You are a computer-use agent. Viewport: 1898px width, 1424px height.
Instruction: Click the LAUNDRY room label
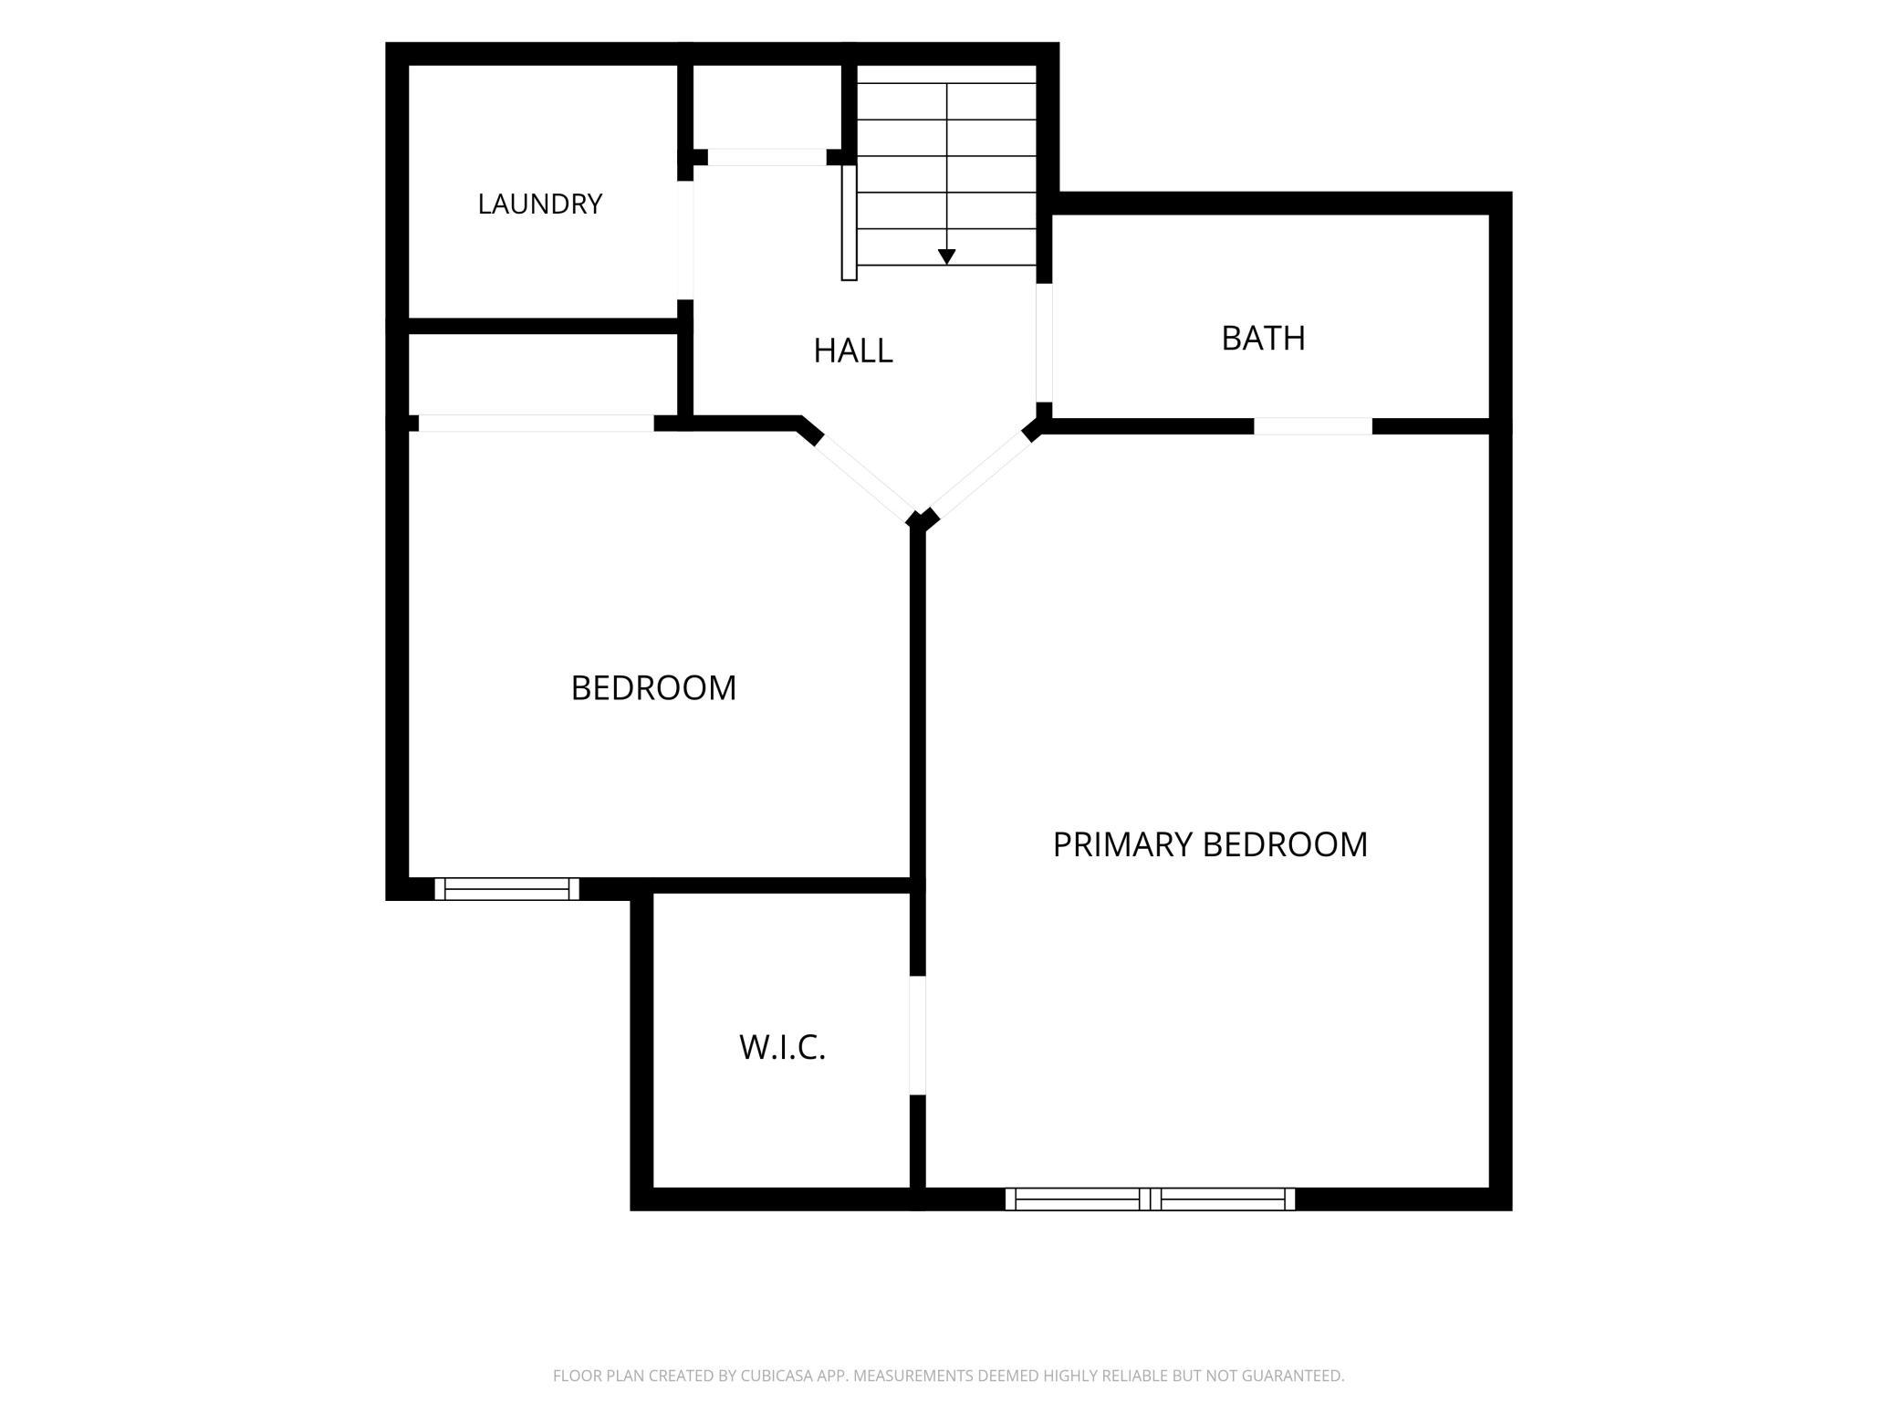[540, 204]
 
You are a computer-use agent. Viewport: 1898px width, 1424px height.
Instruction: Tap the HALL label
[853, 351]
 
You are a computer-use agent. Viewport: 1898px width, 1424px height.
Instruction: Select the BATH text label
[1263, 338]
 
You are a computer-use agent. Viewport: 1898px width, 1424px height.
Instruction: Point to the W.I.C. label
[783, 1047]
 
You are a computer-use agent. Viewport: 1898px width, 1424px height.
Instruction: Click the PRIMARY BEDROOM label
[1210, 844]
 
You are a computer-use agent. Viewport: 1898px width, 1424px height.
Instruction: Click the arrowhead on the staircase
[946, 257]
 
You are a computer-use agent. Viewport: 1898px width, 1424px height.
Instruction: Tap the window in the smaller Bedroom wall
[506, 888]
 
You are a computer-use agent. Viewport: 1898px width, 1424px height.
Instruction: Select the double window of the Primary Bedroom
[1150, 1199]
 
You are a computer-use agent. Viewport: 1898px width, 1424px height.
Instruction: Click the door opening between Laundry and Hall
[684, 240]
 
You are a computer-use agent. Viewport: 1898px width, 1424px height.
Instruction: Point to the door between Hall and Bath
[1044, 343]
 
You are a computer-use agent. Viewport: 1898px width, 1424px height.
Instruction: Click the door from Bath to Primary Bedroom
[1313, 426]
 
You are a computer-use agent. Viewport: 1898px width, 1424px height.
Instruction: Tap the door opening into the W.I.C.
[918, 1035]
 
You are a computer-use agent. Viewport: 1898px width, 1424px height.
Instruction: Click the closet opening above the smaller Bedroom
[537, 424]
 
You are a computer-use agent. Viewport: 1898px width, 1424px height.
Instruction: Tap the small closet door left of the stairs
[767, 157]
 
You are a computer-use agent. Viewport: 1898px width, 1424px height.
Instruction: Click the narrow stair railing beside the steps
[849, 222]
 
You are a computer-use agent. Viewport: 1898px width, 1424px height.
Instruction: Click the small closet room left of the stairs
[767, 106]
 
